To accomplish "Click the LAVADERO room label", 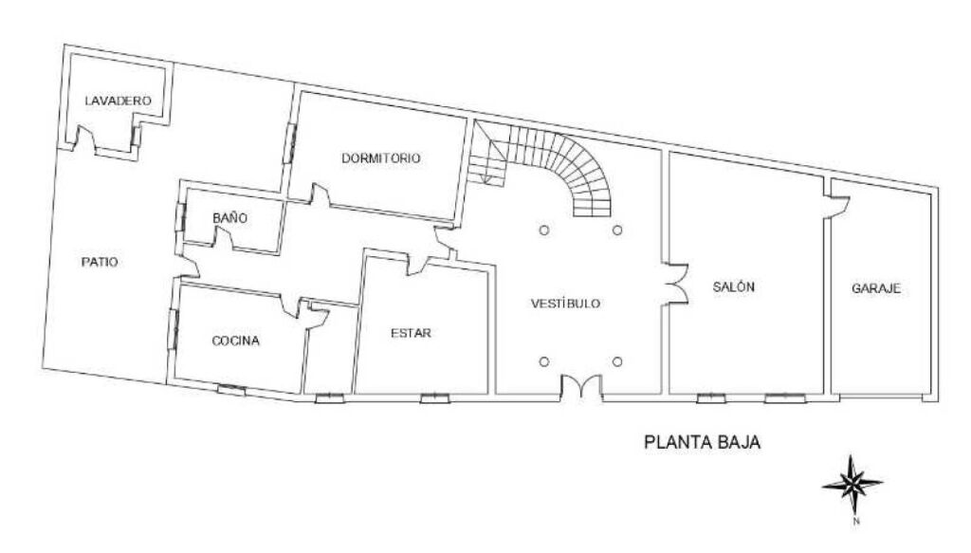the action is [118, 101].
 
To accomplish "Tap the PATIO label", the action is [100, 262].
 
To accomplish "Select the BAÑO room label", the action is [229, 218].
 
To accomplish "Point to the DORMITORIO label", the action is [381, 157].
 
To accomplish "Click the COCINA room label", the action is [236, 341].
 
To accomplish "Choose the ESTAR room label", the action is [412, 333].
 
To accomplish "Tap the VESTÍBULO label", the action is [565, 304].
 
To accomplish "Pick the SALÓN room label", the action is [734, 286].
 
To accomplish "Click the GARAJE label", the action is [876, 288].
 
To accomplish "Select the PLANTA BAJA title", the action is [703, 442].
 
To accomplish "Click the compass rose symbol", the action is [852, 485].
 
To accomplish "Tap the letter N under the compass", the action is [856, 522].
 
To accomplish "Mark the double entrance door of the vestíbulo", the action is [581, 387].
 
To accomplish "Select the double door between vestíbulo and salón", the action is [676, 285].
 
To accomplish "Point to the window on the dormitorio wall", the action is [289, 143].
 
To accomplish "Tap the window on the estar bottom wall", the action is [434, 397].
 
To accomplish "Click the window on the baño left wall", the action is [180, 216].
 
